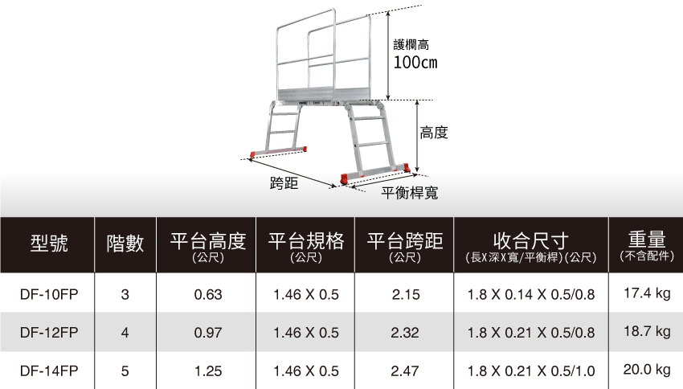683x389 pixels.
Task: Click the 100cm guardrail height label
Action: (415, 63)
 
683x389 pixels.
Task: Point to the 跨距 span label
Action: (284, 183)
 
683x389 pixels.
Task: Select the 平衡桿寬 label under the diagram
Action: (409, 192)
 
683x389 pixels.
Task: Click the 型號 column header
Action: (48, 242)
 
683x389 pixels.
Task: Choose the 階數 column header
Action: (125, 242)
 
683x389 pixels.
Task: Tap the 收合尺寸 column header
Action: (531, 241)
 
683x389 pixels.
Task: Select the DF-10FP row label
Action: (48, 295)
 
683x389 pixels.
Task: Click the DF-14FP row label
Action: (48, 371)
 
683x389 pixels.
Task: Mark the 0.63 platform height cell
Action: (208, 295)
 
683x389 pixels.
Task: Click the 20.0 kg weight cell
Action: (647, 371)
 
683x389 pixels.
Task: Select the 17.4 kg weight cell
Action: (647, 294)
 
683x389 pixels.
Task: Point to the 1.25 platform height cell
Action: (208, 371)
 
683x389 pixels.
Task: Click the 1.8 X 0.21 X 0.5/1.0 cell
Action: (531, 371)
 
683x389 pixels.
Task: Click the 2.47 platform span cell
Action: (405, 371)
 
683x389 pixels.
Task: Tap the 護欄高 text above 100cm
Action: (411, 45)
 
